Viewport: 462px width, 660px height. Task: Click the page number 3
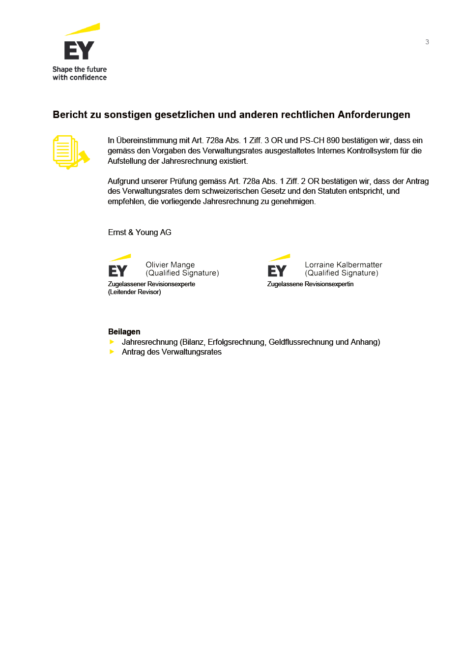(x=427, y=42)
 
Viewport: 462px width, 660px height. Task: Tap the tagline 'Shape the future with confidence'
(x=80, y=74)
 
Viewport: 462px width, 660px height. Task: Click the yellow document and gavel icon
(x=70, y=152)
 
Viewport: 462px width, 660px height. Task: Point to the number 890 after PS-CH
(x=333, y=141)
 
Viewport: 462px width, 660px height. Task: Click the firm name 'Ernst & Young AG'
(x=140, y=233)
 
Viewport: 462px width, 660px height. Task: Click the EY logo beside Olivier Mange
(x=119, y=266)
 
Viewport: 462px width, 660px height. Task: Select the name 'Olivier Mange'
(x=170, y=265)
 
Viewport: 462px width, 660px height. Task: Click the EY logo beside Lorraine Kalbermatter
(x=278, y=266)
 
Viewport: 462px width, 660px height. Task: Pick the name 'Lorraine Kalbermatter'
(x=343, y=265)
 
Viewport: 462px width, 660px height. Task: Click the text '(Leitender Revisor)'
(x=134, y=292)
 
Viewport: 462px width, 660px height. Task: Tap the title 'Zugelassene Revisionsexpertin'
(x=310, y=284)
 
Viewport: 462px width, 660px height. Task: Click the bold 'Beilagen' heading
(x=124, y=332)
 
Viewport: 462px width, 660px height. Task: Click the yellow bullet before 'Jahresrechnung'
(x=112, y=342)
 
